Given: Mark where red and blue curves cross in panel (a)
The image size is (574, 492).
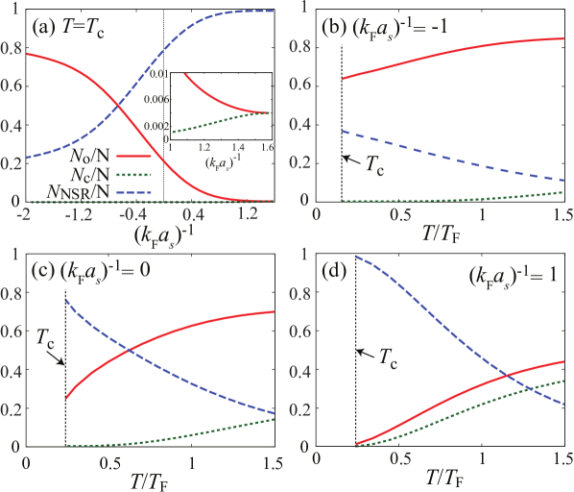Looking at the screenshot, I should (x=118, y=105).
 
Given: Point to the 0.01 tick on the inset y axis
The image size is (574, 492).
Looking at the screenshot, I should (x=157, y=74).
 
